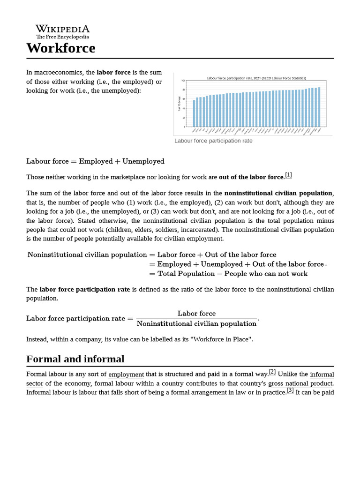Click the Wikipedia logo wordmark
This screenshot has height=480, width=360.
[x=62, y=29]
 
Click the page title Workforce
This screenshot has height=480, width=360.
[x=61, y=48]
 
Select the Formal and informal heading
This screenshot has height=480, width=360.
[x=75, y=359]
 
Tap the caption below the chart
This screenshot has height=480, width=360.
[x=213, y=141]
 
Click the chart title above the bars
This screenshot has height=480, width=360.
[x=253, y=78]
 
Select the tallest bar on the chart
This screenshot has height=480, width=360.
[x=319, y=106]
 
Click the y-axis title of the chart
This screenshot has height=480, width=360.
[x=179, y=104]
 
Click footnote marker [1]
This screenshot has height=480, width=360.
[x=288, y=175]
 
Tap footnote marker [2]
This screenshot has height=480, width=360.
[x=272, y=373]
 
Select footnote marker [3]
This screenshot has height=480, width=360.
[x=290, y=390]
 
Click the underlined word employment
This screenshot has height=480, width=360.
[x=126, y=375]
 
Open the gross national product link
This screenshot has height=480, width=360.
[x=300, y=383]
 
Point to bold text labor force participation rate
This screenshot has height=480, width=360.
[x=85, y=289]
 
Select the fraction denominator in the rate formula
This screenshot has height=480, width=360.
[x=196, y=323]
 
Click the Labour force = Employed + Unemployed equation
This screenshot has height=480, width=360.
[x=96, y=161]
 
